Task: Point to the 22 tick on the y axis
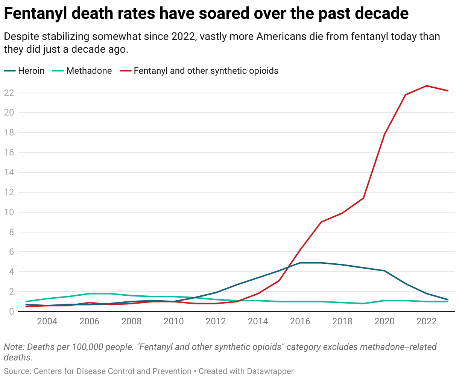9,93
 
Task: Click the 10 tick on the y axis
9,212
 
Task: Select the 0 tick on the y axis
11,312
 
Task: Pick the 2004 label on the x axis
47,321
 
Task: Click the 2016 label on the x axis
300,321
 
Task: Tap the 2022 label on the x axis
427,321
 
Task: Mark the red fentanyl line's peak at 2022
427,86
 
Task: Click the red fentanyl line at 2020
385,134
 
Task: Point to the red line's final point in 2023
448,91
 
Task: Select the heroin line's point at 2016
300,263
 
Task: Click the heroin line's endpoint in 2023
448,299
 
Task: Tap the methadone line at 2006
90,293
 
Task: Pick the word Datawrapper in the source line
270,371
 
